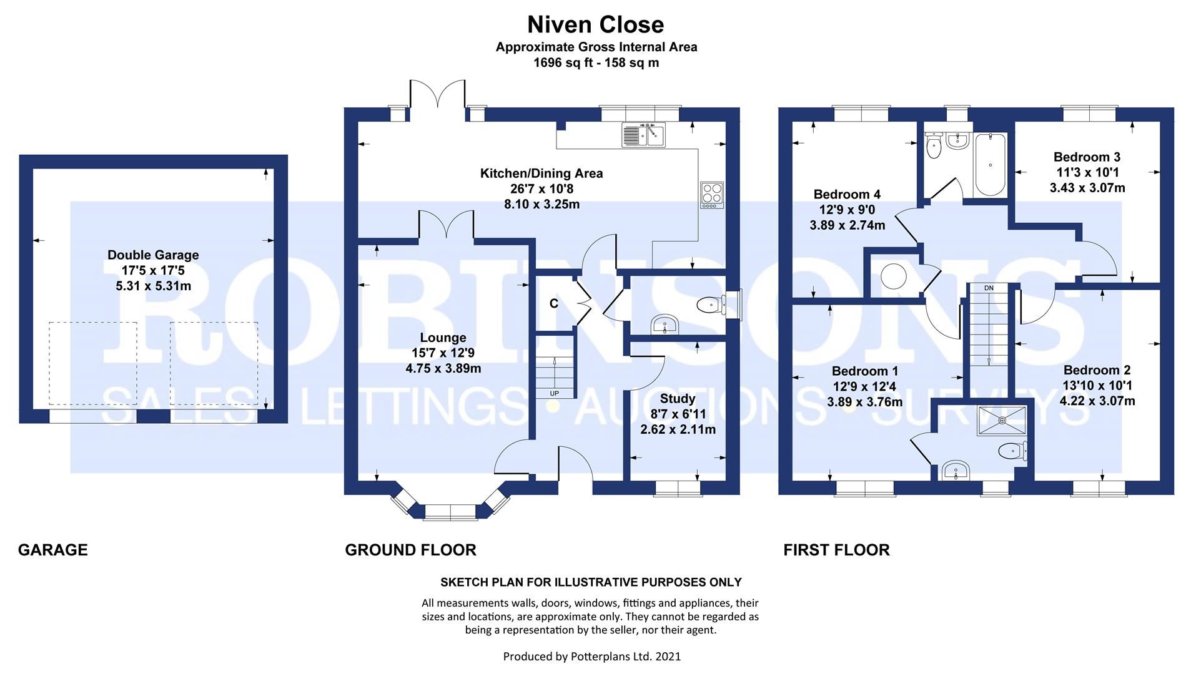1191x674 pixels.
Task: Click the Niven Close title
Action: (595, 25)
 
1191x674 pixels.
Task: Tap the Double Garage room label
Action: (153, 255)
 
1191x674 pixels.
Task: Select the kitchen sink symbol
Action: (644, 135)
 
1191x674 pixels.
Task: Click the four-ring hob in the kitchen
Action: (711, 194)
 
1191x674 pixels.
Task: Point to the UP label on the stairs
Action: (554, 393)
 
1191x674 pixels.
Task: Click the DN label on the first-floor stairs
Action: (989, 288)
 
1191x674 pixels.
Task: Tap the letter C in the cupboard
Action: (553, 304)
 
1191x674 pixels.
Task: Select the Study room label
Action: (678, 398)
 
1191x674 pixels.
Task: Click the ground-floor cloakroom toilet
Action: (710, 305)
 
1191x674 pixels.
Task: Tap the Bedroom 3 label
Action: (1087, 157)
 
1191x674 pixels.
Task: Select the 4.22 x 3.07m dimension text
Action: (1097, 401)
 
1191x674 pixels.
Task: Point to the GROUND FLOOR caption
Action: (410, 550)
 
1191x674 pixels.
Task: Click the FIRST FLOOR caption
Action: (836, 550)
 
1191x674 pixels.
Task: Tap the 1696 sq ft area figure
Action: (559, 62)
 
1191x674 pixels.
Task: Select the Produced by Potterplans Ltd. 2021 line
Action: (591, 656)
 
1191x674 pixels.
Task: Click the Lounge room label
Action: (443, 338)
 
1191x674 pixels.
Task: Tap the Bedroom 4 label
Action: (847, 195)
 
